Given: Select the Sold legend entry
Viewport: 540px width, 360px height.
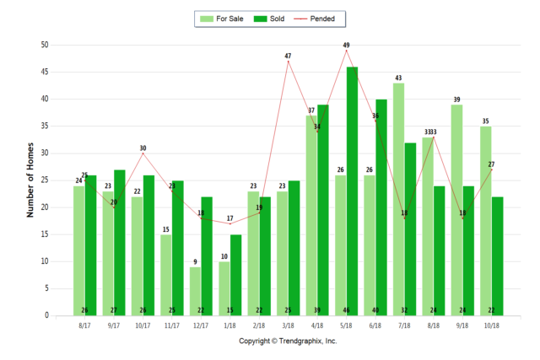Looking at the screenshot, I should [x=268, y=18].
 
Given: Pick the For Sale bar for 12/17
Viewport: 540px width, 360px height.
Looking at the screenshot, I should [x=195, y=291].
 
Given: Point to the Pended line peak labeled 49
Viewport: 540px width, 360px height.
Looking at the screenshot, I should [x=346, y=51].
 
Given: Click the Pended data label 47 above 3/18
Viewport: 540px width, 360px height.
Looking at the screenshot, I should [x=288, y=56].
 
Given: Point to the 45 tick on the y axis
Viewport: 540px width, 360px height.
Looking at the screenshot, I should [x=45, y=73].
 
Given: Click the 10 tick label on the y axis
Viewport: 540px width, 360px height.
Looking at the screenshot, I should [x=45, y=261].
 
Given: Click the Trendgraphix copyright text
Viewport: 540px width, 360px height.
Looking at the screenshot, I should [x=288, y=341].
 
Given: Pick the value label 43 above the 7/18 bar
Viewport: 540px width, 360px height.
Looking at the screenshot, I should [x=398, y=78].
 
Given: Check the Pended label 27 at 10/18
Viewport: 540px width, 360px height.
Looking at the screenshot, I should [x=492, y=164].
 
